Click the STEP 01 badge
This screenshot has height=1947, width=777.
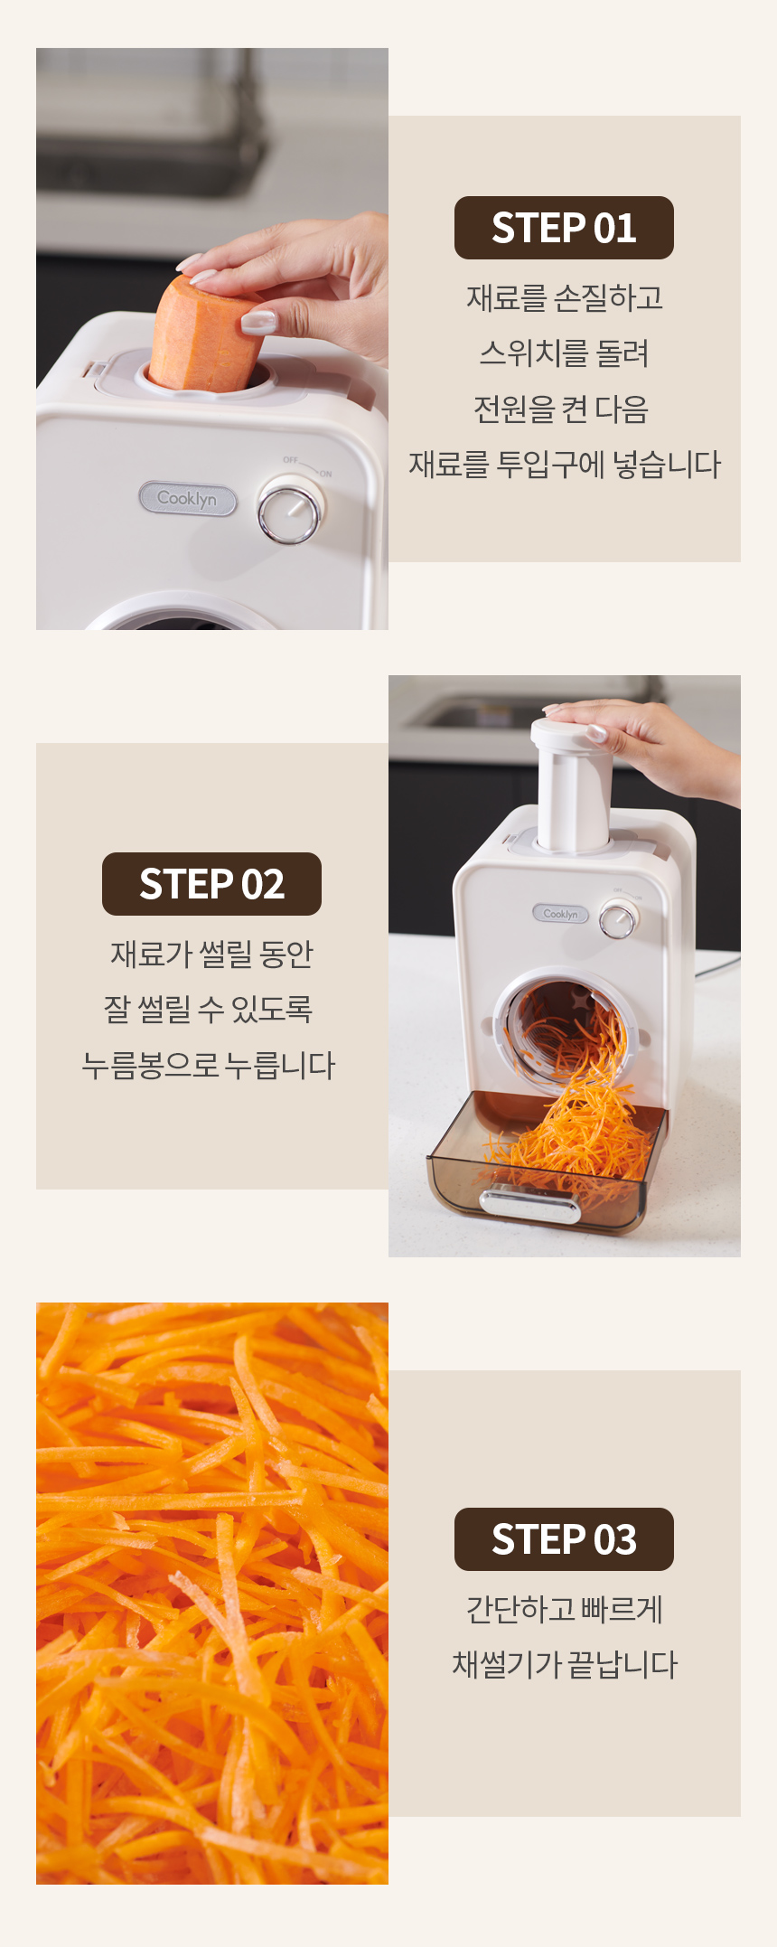564,228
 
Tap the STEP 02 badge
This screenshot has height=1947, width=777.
211,884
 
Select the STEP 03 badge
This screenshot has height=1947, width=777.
564,1539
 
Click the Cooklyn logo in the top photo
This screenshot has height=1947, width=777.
187,498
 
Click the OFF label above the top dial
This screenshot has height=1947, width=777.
290,460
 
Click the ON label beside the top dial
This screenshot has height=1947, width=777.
325,474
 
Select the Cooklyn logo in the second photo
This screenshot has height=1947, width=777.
560,914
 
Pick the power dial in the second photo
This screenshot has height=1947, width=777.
619,921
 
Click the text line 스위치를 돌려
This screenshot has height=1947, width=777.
564,353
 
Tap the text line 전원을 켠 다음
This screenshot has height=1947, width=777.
561,409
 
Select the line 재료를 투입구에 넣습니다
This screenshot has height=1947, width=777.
565,465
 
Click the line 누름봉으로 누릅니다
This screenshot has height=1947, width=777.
209,1065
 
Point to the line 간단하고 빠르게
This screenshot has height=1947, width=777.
565,1609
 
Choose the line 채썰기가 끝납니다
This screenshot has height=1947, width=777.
565,1664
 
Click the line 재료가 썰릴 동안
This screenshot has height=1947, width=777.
211,954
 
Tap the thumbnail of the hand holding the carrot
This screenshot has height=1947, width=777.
212,339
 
